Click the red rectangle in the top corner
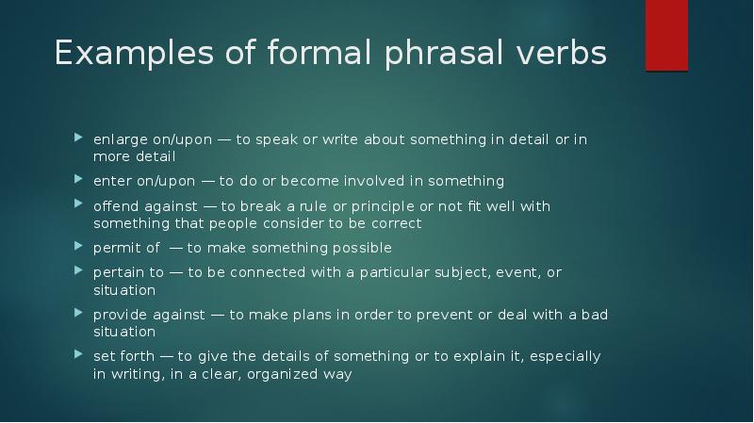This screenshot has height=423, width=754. point(666,35)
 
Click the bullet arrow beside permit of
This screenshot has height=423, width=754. point(78,248)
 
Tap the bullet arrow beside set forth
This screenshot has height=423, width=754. point(78,356)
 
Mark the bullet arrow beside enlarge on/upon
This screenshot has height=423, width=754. point(78,139)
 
